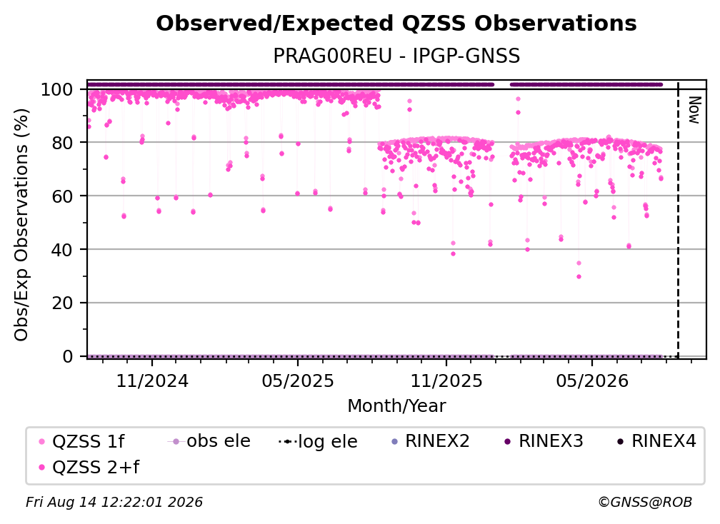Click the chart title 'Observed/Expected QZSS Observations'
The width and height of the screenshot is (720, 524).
tap(396, 24)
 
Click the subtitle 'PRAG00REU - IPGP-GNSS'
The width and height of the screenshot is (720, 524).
tap(396, 56)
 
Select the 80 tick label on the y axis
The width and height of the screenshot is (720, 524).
tap(62, 143)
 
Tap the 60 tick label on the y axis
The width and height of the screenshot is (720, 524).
tap(62, 196)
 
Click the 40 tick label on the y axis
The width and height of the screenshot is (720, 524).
tap(62, 250)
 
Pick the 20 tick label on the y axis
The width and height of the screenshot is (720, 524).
tap(62, 303)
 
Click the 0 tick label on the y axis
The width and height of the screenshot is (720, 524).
tap(67, 356)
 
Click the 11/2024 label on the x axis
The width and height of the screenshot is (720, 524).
tap(152, 381)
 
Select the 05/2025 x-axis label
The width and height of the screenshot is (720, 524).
tap(298, 381)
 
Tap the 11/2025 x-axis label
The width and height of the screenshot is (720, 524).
tap(446, 381)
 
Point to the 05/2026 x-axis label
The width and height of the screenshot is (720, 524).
tap(592, 381)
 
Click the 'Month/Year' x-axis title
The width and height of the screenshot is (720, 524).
tap(396, 406)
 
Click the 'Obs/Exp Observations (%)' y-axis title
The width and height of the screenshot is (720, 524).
tap(21, 225)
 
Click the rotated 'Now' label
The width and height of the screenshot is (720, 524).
tap(694, 110)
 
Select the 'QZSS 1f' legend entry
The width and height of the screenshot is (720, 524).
tap(81, 441)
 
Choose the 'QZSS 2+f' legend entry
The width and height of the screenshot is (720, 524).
tap(89, 467)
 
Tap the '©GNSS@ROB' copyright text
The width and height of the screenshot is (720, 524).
tap(645, 503)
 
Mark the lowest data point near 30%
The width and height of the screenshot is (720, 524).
tap(579, 277)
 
